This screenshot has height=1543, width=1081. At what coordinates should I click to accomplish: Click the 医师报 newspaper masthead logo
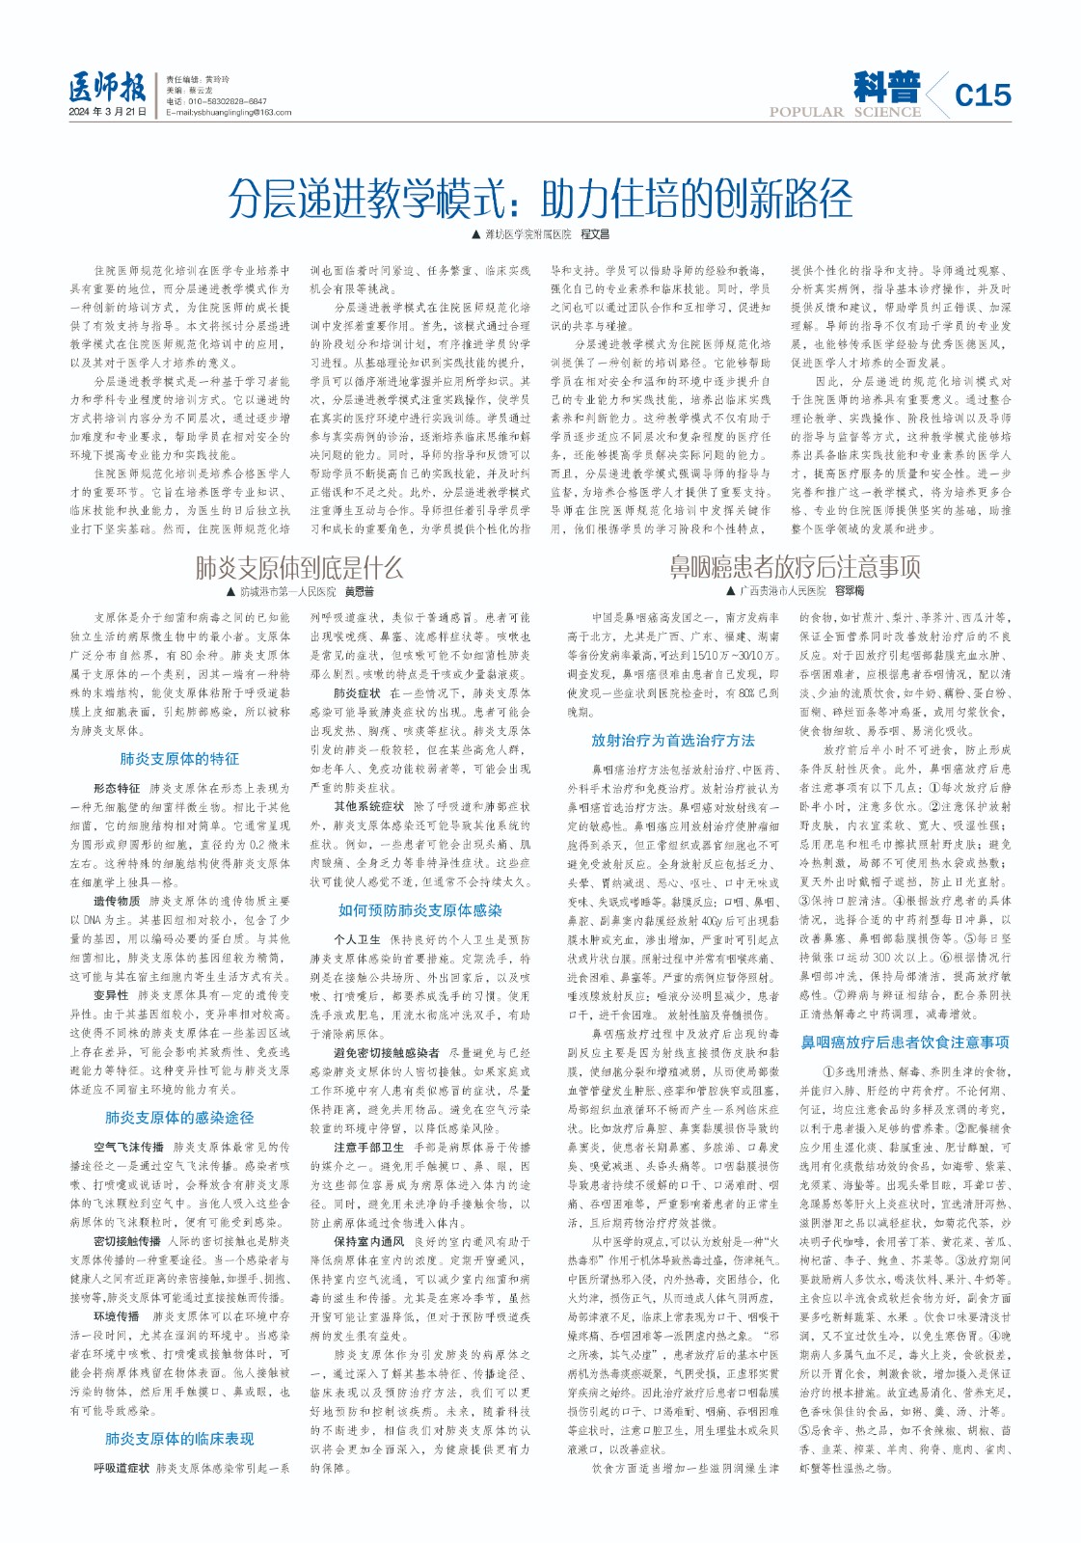(x=107, y=89)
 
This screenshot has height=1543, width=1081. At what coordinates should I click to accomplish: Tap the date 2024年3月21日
(x=107, y=112)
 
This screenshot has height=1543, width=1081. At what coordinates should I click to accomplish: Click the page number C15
(x=982, y=95)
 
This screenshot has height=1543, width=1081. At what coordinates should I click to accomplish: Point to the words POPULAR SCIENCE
(x=845, y=112)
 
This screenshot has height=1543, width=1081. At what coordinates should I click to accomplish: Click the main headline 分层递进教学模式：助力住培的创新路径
(x=540, y=199)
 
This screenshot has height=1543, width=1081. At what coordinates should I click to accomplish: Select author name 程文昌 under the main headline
(x=595, y=234)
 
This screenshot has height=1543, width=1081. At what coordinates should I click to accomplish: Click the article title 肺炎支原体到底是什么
(x=299, y=567)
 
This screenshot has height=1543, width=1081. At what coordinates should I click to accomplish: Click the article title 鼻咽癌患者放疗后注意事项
(x=795, y=566)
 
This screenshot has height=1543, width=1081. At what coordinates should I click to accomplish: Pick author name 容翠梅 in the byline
(x=850, y=590)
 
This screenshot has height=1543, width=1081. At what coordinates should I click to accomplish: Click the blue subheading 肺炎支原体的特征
(x=179, y=759)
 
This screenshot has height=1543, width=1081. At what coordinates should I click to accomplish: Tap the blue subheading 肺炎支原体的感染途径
(x=179, y=1117)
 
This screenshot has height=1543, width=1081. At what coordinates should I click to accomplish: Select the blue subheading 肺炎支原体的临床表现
(x=179, y=1438)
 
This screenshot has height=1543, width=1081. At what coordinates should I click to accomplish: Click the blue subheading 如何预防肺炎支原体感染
(x=419, y=909)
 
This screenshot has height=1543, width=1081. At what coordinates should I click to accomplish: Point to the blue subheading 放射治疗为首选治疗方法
(x=673, y=740)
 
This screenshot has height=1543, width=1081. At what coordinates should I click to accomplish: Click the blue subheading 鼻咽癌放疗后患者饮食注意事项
(x=905, y=1042)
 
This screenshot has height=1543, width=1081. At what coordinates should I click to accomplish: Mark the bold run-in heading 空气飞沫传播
(x=128, y=1147)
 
